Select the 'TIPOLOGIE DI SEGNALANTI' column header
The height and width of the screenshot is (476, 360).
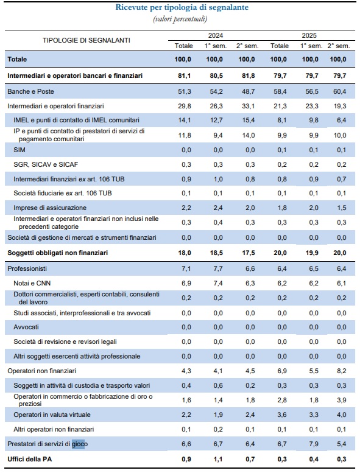(86, 40)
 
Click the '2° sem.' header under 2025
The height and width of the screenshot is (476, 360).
(338, 46)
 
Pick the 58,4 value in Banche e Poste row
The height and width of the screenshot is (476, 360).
(279, 91)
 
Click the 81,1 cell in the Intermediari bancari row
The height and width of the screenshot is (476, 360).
(183, 75)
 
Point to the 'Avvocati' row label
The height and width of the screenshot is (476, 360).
(26, 327)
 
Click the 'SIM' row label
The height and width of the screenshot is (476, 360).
(19, 149)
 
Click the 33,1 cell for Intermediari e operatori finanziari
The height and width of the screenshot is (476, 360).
(247, 105)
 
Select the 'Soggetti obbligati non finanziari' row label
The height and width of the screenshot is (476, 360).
(58, 252)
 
